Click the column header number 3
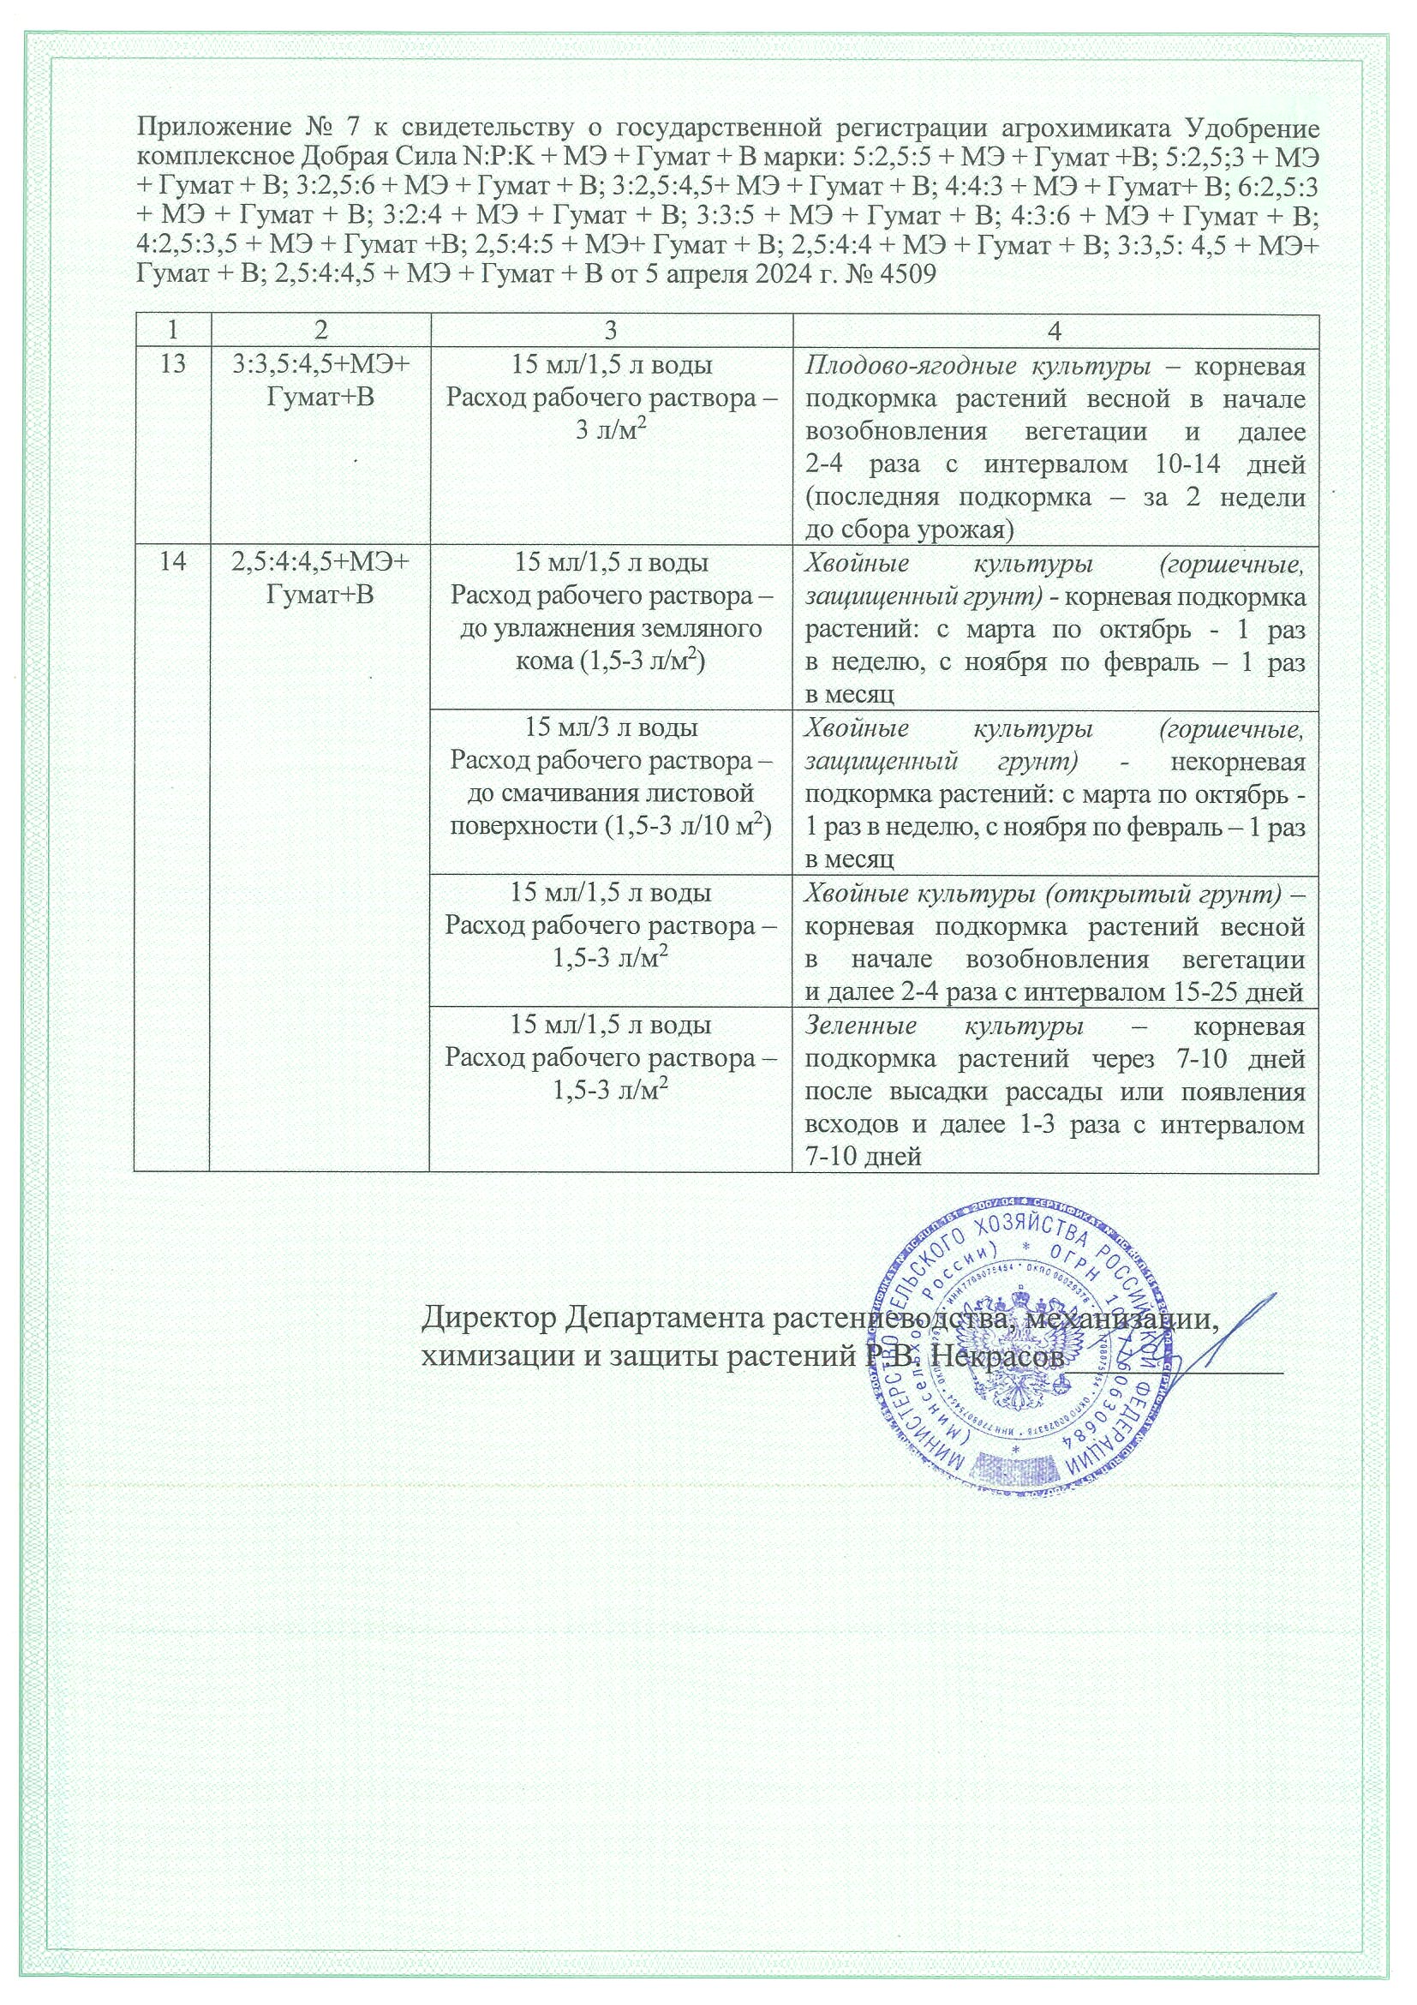[610, 330]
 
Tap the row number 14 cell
[173, 562]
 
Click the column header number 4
[1055, 330]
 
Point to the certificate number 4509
[906, 275]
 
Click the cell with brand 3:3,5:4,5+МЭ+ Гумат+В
[320, 381]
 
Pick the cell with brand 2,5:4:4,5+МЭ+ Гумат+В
[320, 579]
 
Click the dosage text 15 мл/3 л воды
[610, 727]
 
